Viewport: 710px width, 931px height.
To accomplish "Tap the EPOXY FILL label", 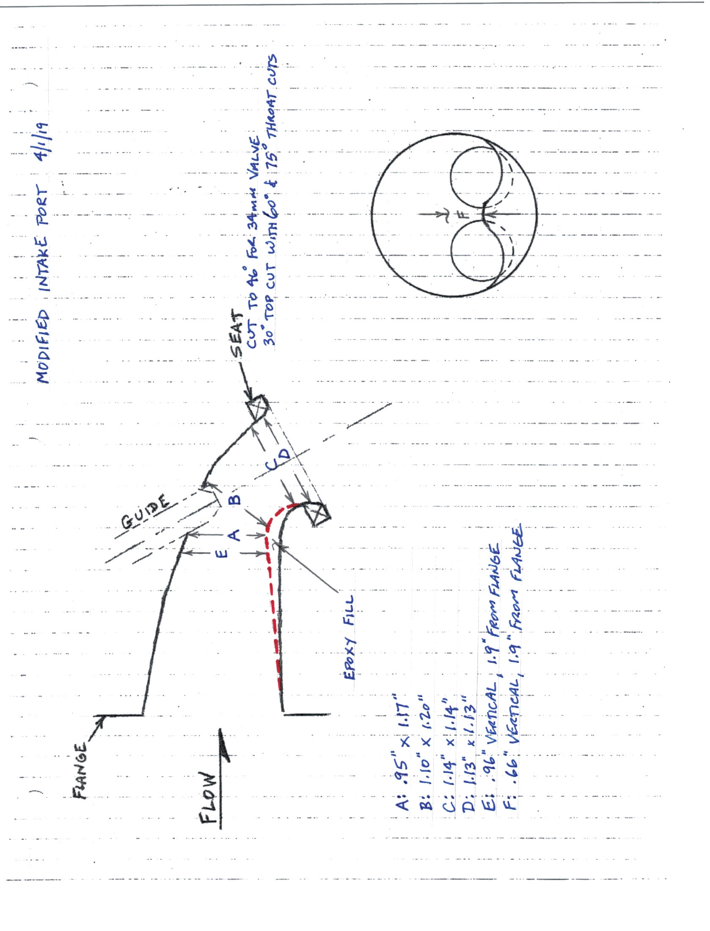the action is (x=349, y=638).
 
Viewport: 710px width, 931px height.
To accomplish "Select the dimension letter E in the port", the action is (x=223, y=553).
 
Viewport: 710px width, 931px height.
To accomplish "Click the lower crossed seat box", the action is (x=319, y=513).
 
